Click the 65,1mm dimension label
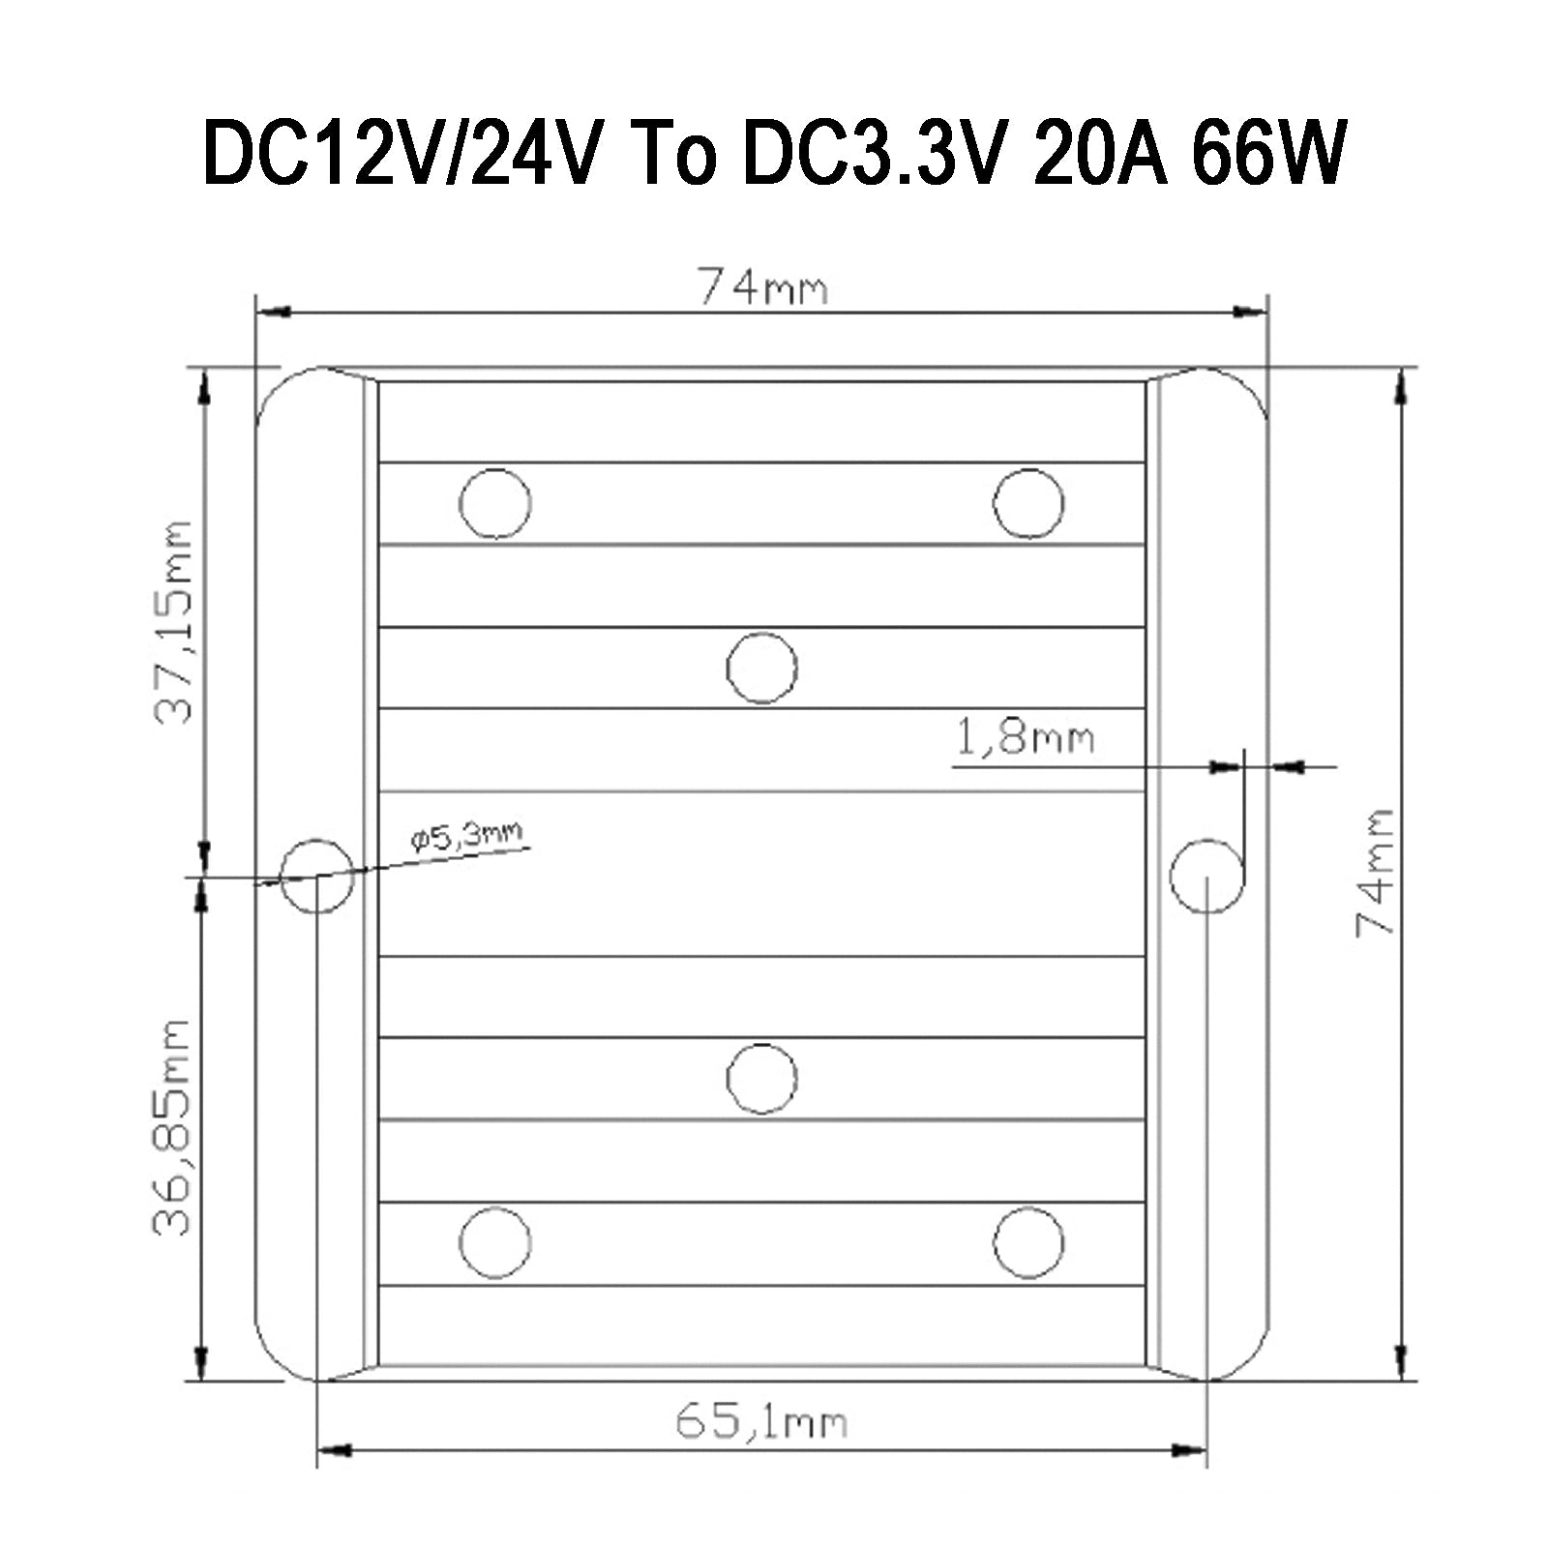coord(760,1423)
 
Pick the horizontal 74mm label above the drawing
coord(763,287)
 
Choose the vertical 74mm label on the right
coord(1374,871)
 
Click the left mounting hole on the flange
coord(316,876)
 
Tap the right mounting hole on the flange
coord(1206,876)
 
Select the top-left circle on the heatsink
coord(494,503)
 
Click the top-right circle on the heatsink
coord(1028,503)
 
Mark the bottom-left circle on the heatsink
coord(494,1242)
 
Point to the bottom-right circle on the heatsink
coord(1028,1242)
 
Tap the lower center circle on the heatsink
coord(761,1078)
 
